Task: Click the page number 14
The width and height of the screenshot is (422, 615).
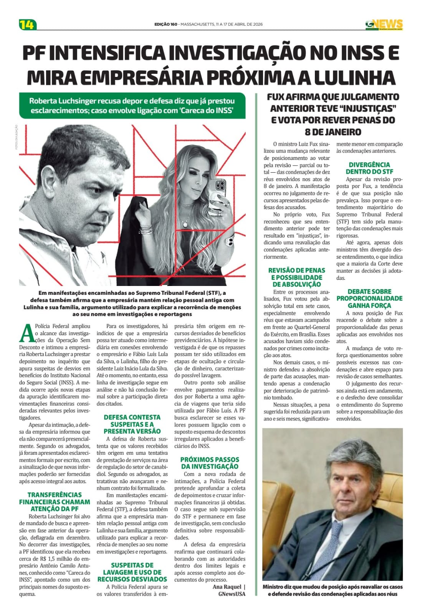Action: (x=27, y=25)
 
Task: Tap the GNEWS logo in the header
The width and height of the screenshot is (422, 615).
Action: (x=384, y=24)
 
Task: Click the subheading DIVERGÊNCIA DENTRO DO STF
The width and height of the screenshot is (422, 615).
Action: (x=369, y=168)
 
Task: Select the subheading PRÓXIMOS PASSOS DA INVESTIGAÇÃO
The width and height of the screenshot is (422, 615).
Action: (x=210, y=463)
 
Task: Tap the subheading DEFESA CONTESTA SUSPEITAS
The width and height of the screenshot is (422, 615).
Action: (x=132, y=424)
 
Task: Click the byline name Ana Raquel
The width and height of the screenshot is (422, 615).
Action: (x=227, y=587)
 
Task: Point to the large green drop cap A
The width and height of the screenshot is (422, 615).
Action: (x=26, y=332)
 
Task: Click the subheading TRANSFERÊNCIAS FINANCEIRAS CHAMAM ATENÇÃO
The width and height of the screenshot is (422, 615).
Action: (x=55, y=502)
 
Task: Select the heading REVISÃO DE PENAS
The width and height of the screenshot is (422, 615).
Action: (x=296, y=277)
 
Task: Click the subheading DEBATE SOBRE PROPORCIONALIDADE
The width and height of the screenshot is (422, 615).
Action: (x=369, y=298)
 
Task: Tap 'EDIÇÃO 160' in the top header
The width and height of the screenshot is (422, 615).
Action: (x=166, y=25)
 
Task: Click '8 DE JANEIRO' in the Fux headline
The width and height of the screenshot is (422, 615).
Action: (x=333, y=132)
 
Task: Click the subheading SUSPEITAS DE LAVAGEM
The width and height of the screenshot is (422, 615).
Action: (x=132, y=572)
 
